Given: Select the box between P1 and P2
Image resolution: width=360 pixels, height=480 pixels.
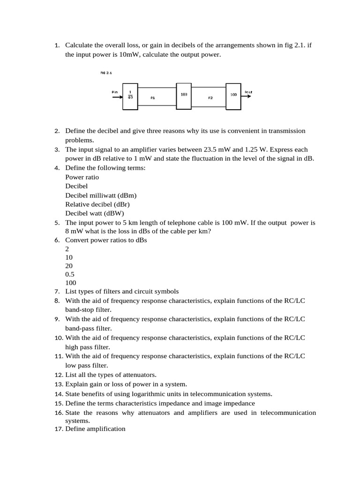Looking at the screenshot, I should click(184, 96).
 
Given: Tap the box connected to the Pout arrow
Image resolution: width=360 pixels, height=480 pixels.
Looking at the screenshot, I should click(233, 96).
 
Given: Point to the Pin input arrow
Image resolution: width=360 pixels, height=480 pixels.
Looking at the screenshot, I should click(116, 97).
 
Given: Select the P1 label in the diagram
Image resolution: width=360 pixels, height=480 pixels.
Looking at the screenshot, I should click(152, 98).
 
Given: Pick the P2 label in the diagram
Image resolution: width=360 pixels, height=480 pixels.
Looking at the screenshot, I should click(210, 98).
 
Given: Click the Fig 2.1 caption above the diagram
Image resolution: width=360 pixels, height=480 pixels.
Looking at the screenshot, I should click(106, 73).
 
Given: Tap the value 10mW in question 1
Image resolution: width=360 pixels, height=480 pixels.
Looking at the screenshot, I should click(130, 55).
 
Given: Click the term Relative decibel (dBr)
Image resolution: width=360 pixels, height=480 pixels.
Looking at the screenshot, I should click(97, 204).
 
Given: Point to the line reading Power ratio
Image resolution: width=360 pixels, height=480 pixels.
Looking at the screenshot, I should click(82, 177).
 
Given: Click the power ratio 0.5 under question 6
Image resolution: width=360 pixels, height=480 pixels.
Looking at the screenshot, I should click(70, 274).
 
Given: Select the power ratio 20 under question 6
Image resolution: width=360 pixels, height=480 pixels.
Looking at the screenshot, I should click(69, 265).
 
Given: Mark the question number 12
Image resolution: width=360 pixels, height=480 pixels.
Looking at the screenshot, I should click(59, 375).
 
